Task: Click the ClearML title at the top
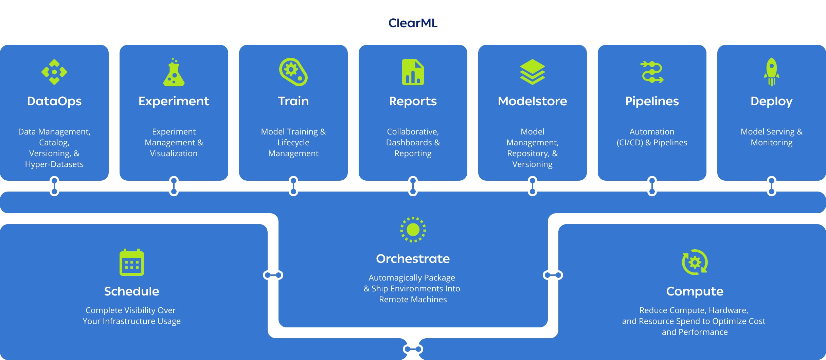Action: pyautogui.click(x=413, y=23)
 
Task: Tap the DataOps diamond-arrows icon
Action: pyautogui.click(x=54, y=72)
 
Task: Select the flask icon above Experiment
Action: pyautogui.click(x=174, y=72)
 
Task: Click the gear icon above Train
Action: pyautogui.click(x=293, y=72)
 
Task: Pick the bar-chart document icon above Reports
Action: pyautogui.click(x=413, y=72)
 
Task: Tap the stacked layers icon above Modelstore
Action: pyautogui.click(x=532, y=72)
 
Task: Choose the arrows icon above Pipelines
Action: pyautogui.click(x=652, y=72)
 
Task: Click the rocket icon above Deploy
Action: pyautogui.click(x=771, y=72)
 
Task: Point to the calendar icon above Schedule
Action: pyautogui.click(x=132, y=263)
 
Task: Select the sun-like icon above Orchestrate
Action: pyautogui.click(x=413, y=230)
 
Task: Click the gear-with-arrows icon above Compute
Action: pyautogui.click(x=695, y=262)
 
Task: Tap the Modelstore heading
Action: pyautogui.click(x=532, y=101)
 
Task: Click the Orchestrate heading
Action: pyautogui.click(x=413, y=259)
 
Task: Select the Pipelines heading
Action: pyautogui.click(x=652, y=101)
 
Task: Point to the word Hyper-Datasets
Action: pyautogui.click(x=54, y=164)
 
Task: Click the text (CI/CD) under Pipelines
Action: pyautogui.click(x=630, y=143)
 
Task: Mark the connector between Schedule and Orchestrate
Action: pyautogui.click(x=273, y=275)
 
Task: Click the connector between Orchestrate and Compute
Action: pyautogui.click(x=553, y=275)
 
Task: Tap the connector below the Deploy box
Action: pyautogui.click(x=772, y=186)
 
